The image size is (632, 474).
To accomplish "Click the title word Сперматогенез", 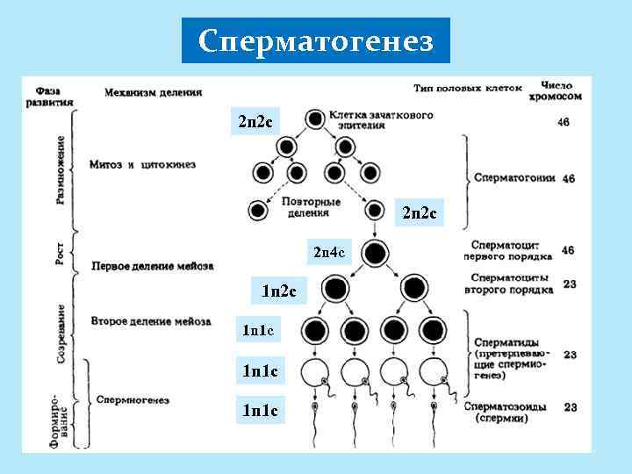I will (x=316, y=41).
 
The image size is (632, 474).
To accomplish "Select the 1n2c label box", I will (x=278, y=290).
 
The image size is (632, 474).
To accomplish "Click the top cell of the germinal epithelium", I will (x=313, y=118).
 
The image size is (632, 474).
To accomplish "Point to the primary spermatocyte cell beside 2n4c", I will (x=375, y=254).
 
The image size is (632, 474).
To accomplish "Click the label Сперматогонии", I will (x=514, y=176).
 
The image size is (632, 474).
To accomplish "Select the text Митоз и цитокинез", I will (x=142, y=163).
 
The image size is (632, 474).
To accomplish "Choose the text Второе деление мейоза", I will (x=150, y=321).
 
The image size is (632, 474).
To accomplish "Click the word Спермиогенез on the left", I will (x=133, y=400).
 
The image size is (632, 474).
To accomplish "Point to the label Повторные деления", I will (x=307, y=206).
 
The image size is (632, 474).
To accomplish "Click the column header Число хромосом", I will (x=563, y=91).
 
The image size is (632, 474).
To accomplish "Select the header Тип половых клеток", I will (x=468, y=88).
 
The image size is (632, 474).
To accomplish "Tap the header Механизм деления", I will (x=153, y=91).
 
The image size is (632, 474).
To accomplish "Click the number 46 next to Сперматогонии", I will (x=568, y=177).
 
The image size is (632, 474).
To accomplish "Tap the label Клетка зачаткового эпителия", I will (x=381, y=120).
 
